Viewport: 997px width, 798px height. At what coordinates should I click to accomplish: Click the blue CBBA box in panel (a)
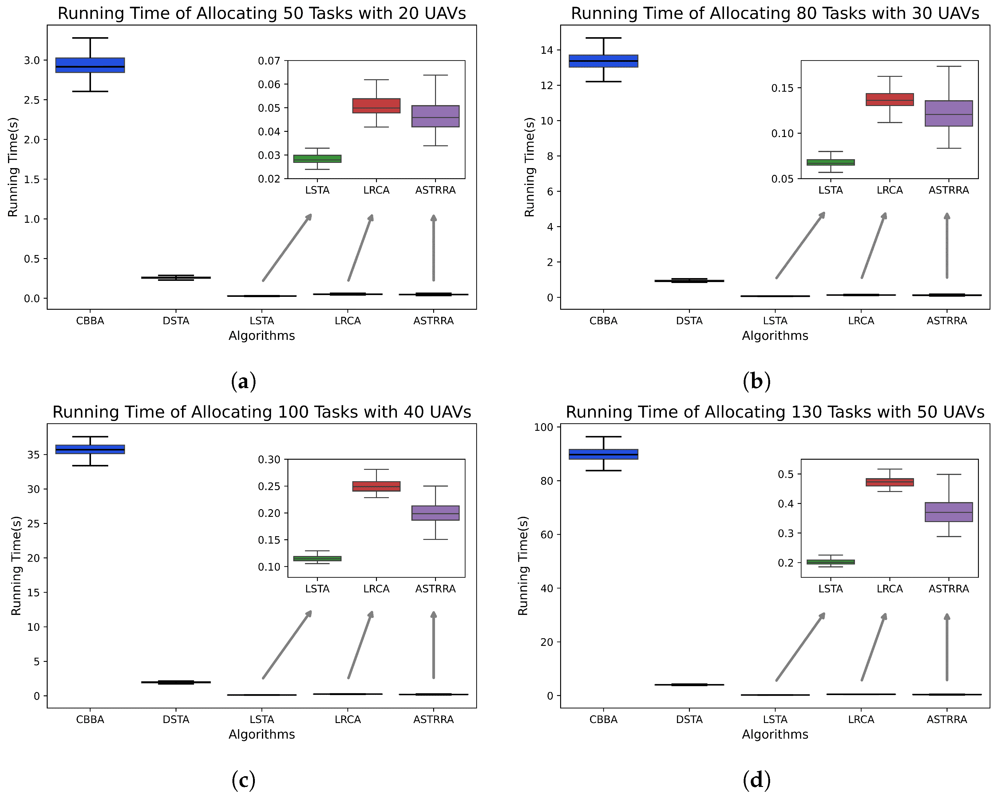pos(90,65)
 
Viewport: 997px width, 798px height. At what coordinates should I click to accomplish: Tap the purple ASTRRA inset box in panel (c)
pos(435,513)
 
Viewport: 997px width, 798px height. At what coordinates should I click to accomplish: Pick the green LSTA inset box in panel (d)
pos(830,562)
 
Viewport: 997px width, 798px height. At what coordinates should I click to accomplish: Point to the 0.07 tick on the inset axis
pos(269,61)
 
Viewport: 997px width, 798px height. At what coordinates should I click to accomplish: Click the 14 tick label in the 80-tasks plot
pos(547,50)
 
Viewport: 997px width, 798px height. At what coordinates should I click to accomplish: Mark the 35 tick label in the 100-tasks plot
pos(33,455)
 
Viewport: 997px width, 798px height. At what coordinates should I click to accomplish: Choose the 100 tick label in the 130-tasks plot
pos(544,427)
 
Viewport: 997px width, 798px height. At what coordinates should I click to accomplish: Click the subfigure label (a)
pos(243,382)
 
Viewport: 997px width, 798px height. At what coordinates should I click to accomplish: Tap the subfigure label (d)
pos(757,780)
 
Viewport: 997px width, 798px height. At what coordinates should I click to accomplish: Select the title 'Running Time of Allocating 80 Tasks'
pos(775,14)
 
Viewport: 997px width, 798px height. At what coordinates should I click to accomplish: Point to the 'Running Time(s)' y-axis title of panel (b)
pos(529,167)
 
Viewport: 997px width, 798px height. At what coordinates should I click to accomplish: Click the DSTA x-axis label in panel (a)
pos(176,321)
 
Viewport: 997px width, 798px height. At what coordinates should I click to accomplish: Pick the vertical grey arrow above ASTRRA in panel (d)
pos(947,647)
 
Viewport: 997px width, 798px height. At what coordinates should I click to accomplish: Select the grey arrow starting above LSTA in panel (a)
pos(287,247)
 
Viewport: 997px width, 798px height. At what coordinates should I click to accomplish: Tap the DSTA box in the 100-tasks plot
pos(176,682)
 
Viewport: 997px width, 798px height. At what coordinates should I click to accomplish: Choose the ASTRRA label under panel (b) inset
pos(948,190)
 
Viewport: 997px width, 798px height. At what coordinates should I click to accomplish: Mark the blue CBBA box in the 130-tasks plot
pos(603,454)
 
